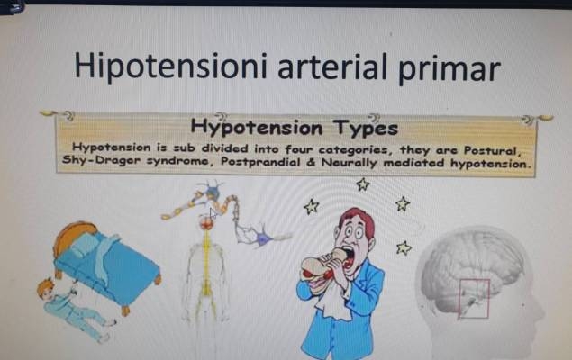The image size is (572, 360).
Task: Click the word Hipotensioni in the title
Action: (171, 66)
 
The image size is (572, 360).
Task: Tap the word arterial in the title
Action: (332, 67)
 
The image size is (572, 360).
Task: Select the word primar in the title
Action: (449, 69)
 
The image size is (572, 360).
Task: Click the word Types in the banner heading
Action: (366, 128)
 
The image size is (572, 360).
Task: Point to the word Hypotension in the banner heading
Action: (257, 128)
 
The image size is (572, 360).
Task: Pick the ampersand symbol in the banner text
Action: (311, 162)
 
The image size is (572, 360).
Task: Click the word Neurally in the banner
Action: (349, 163)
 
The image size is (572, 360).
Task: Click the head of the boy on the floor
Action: (45, 289)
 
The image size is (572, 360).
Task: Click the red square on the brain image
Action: (474, 298)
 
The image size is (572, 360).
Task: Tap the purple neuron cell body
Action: (264, 238)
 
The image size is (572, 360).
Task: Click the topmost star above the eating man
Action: (363, 184)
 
